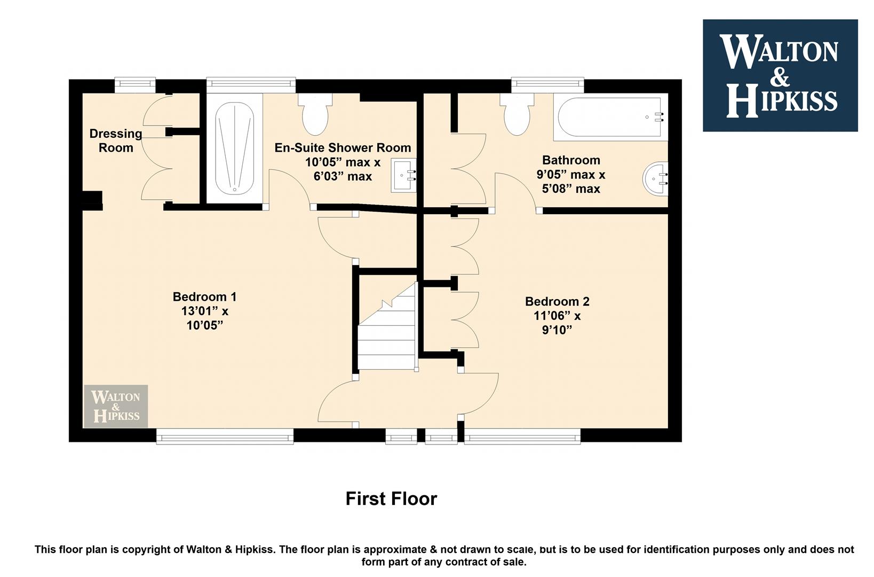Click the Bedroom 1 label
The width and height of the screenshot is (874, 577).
204,297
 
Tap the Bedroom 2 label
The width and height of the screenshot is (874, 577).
557,301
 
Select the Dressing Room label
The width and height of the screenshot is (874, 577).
116,141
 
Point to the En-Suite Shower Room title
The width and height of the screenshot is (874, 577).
343,147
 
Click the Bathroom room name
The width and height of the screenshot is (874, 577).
571,160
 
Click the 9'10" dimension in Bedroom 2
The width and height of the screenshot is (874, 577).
557,330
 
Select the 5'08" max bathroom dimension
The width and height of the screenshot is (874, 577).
571,189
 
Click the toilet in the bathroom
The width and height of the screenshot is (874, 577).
517,114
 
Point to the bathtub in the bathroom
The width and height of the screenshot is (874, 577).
610,117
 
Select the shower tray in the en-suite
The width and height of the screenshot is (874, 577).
234,148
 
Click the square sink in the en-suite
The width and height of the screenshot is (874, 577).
404,175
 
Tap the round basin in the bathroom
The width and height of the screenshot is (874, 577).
655,178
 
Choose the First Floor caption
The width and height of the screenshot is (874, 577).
391,499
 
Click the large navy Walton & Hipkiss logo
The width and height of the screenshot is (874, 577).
780,75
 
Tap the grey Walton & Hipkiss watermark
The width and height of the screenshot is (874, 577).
116,406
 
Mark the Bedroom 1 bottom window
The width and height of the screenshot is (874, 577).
225,436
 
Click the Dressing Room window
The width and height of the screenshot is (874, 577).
135,85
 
